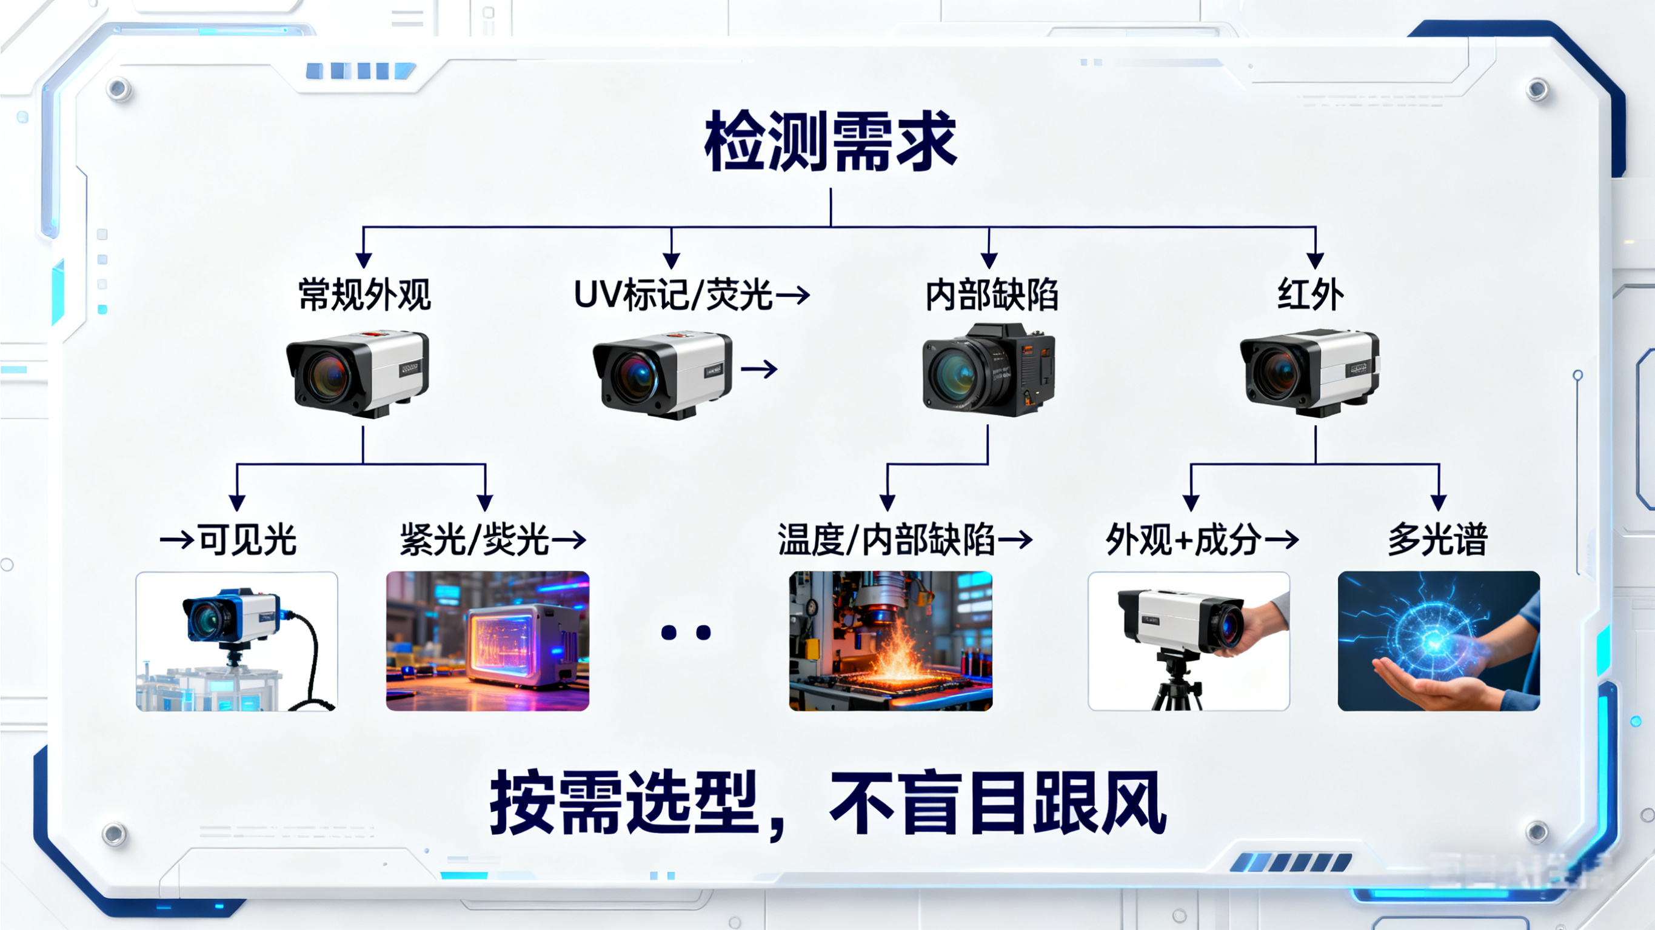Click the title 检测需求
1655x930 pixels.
click(831, 141)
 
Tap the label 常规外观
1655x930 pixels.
click(364, 296)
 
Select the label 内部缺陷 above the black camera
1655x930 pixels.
click(991, 296)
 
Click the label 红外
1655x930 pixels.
click(1311, 296)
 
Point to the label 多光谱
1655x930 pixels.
click(1438, 539)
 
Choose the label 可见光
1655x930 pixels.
click(247, 539)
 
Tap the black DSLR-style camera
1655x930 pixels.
click(988, 371)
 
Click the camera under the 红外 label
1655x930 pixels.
click(1309, 373)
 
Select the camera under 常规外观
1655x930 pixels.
click(358, 374)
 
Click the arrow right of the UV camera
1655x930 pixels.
click(760, 370)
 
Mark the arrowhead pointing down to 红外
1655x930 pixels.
click(1315, 260)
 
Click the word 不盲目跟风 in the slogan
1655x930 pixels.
click(997, 803)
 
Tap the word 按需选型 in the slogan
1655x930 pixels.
click(623, 803)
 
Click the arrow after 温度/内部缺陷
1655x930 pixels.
click(1015, 539)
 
